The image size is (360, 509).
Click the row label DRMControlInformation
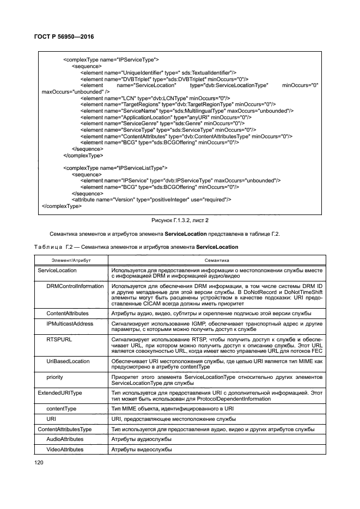tap(75, 286)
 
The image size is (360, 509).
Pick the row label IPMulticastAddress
tap(70, 323)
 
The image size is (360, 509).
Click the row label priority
tap(56, 377)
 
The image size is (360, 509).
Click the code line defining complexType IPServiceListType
tap(115, 168)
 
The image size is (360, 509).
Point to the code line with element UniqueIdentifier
tap(158, 72)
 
